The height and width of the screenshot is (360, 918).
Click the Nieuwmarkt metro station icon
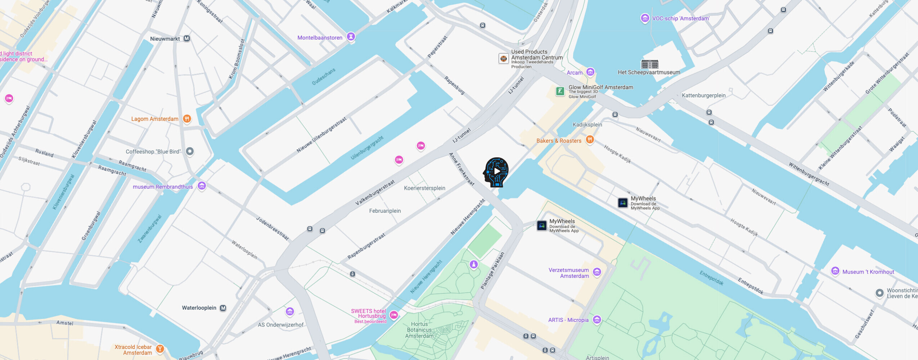click(186, 39)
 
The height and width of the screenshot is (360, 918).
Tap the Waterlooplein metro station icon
click(223, 308)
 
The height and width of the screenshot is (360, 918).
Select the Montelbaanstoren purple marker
click(351, 36)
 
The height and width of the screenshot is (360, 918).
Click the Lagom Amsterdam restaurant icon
click(187, 118)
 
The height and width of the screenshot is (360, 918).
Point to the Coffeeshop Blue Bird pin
click(190, 152)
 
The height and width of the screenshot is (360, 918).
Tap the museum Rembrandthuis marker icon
click(202, 186)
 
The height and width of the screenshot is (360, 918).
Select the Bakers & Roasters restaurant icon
click(590, 139)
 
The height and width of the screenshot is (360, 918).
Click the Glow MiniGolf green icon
click(560, 91)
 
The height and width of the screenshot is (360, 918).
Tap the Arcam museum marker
click(590, 72)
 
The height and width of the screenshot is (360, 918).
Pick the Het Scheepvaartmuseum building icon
click(649, 64)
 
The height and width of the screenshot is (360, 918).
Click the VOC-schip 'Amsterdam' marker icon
click(645, 18)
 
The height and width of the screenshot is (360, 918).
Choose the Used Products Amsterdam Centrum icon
click(503, 58)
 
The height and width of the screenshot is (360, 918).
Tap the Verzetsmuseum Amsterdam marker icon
click(597, 272)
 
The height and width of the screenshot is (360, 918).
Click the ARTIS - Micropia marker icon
click(597, 319)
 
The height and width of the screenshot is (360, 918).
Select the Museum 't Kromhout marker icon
click(835, 271)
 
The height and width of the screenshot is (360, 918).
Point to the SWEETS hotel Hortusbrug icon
click(394, 315)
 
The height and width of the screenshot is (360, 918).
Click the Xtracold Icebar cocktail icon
click(160, 348)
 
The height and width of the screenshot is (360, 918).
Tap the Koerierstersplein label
click(424, 188)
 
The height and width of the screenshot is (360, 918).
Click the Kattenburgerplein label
click(703, 95)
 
